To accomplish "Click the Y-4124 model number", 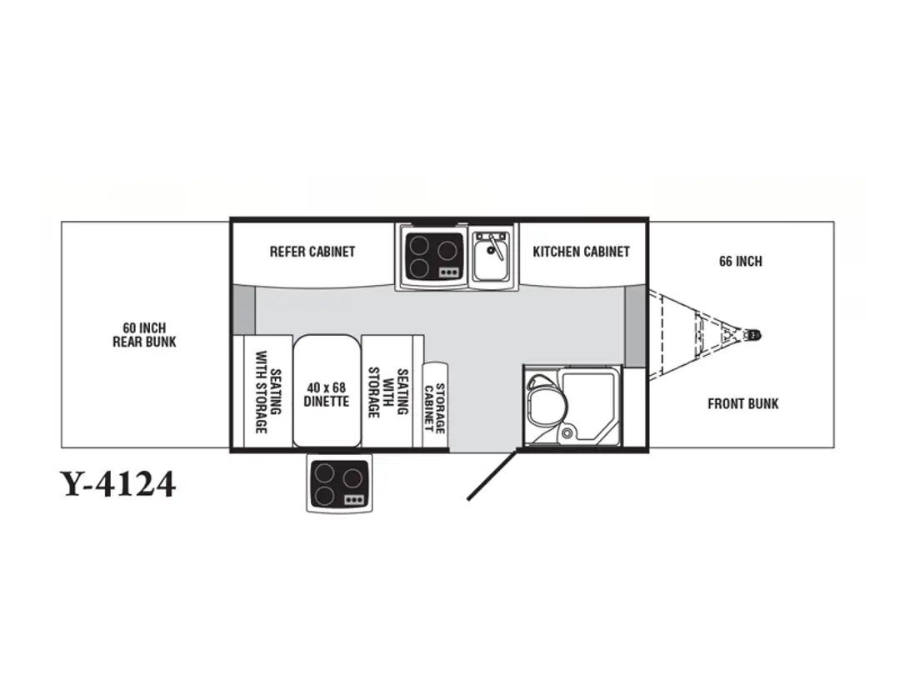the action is point(117,484).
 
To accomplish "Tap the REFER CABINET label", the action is point(312,252).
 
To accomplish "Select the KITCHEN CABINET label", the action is point(581,252).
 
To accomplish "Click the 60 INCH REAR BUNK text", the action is point(144,335).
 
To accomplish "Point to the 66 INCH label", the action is point(741,261).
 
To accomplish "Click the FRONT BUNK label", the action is point(742,404).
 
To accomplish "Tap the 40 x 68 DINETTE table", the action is point(327,390).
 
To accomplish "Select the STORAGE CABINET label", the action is point(434,407).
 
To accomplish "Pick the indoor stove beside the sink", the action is point(432,256).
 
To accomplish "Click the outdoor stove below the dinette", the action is point(339,484).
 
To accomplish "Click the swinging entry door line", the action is point(492,473).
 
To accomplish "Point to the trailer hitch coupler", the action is point(752,334).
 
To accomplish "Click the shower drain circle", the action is point(567,432).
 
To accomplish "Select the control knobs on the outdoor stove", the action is point(354,500).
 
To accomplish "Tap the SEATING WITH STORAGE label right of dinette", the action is point(388,392).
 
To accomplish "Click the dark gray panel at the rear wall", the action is point(243,310).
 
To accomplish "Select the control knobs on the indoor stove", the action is point(447,272).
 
